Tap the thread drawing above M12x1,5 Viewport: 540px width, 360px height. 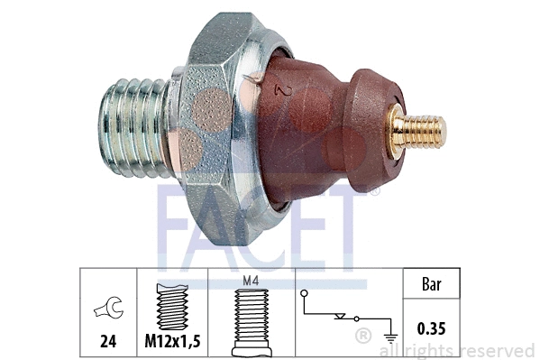point(171,307)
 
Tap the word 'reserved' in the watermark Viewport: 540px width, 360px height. point(497,351)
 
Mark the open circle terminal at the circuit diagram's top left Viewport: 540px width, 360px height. point(304,293)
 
